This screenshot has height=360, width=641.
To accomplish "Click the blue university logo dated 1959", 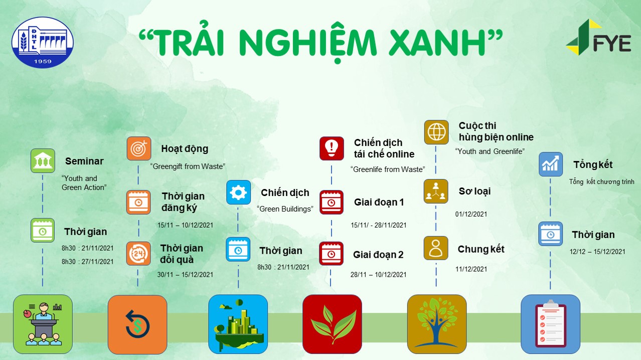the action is tap(43, 42).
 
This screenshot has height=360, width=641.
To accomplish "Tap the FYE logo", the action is tap(599, 37).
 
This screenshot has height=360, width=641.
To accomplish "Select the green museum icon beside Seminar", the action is tap(43, 160).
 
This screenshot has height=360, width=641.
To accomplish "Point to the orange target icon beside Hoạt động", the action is tap(139, 148).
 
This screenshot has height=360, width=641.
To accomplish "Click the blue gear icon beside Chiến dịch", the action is tap(238, 193).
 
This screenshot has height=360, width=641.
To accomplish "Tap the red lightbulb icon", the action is tap(332, 148).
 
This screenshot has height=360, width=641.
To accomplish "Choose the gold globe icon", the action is tap(436, 132).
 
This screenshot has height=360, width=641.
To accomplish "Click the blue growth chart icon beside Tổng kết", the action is tap(551, 164).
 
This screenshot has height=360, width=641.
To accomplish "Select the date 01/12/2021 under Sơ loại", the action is tap(471, 214).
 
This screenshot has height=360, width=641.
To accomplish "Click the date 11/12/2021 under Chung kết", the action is tap(471, 269).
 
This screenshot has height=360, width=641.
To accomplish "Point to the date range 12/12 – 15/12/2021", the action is tap(597, 252).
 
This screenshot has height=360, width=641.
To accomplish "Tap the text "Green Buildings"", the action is tap(285, 209).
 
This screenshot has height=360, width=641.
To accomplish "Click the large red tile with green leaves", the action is tap(332, 324).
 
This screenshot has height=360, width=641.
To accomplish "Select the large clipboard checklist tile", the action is tap(550, 324).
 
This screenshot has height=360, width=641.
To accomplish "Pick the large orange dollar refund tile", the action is tap(137, 324).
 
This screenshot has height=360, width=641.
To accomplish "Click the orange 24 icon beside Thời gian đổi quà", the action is tap(138, 254).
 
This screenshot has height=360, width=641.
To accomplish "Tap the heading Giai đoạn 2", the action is tap(378, 255).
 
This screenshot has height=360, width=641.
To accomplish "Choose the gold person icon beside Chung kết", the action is tap(436, 248).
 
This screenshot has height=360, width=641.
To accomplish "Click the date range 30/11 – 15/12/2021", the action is tap(185, 275).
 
